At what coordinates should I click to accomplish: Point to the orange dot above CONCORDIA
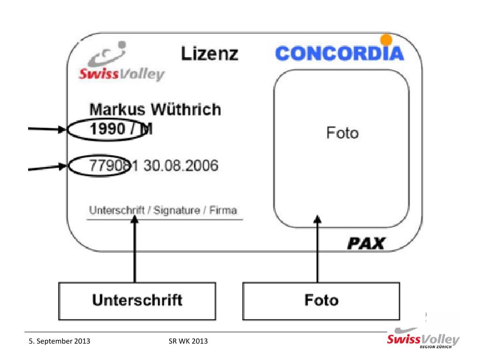click(386, 39)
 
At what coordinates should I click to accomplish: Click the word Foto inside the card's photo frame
click(342, 133)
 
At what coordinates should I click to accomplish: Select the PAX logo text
click(366, 243)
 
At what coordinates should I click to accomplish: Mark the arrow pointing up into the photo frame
click(318, 248)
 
